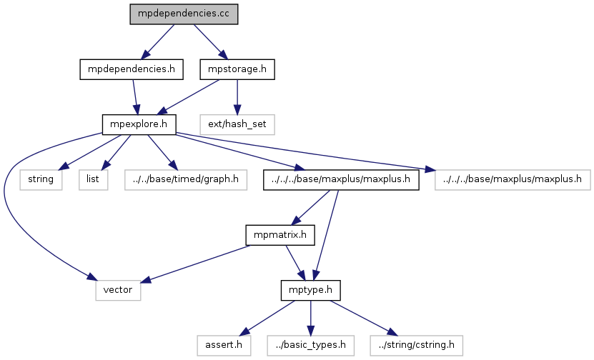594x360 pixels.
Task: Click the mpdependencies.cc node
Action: (x=183, y=14)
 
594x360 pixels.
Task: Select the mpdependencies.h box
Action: (x=129, y=69)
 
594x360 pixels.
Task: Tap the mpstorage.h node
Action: (x=237, y=69)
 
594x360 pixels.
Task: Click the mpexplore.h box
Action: (x=139, y=124)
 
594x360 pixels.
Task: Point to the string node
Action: (x=41, y=179)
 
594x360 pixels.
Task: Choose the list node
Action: (x=94, y=179)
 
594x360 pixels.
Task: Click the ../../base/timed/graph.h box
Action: (x=184, y=179)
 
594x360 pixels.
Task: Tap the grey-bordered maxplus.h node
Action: (x=512, y=179)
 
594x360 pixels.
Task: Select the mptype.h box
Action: (x=310, y=290)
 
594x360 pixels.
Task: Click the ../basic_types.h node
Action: (x=310, y=345)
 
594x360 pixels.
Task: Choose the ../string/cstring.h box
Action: (x=416, y=345)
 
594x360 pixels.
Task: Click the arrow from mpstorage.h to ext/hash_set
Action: (x=238, y=96)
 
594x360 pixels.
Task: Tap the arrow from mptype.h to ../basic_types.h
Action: (x=310, y=317)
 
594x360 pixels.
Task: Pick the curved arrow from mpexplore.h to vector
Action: (x=7, y=207)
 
